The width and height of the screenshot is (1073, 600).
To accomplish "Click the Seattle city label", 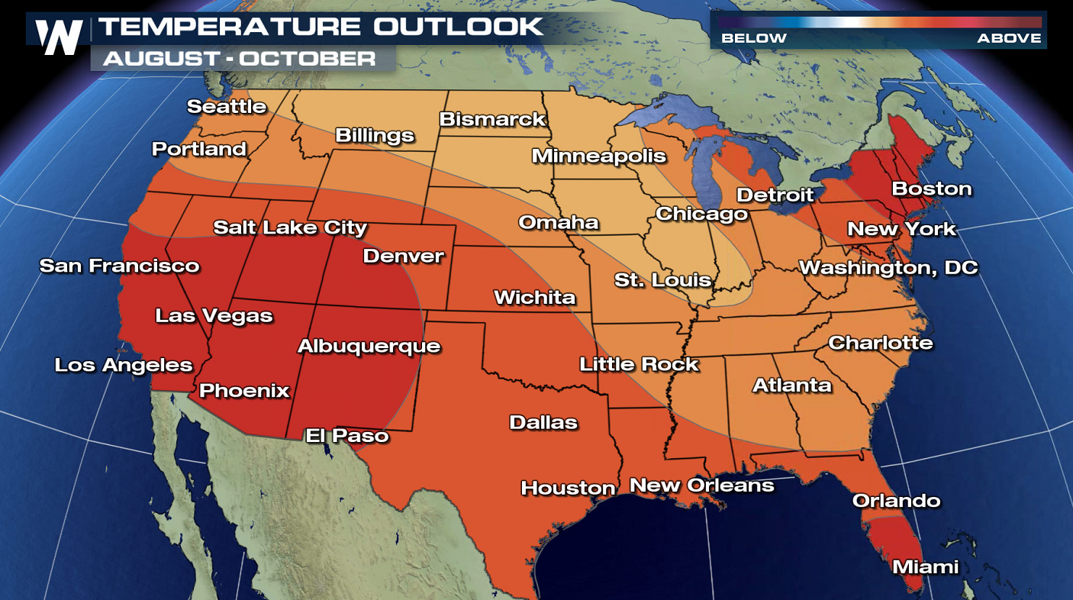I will pyautogui.click(x=227, y=107).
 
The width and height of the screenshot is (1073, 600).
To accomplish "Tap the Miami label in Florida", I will pyautogui.click(x=926, y=567).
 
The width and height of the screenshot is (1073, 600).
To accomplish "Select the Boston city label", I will pyautogui.click(x=932, y=189).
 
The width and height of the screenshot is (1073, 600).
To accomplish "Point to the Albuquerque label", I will pyautogui.click(x=369, y=347).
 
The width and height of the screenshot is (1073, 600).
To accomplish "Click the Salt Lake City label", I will pyautogui.click(x=290, y=227).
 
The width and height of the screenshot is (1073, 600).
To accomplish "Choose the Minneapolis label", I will pyautogui.click(x=598, y=156).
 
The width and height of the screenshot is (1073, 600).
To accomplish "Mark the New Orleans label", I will pyautogui.click(x=701, y=485).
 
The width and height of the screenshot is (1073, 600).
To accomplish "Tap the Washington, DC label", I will pyautogui.click(x=888, y=268).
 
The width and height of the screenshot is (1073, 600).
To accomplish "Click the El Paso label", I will pyautogui.click(x=346, y=436).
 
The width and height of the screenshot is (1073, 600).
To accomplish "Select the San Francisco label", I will pyautogui.click(x=119, y=266).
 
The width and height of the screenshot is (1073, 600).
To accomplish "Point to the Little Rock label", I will pyautogui.click(x=639, y=364).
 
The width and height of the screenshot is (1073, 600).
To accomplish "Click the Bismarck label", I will pyautogui.click(x=492, y=119).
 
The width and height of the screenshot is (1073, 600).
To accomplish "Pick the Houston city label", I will pyautogui.click(x=568, y=488).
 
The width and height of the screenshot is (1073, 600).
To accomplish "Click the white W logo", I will pyautogui.click(x=59, y=36).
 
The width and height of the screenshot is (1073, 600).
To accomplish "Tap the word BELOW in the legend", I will pyautogui.click(x=754, y=38).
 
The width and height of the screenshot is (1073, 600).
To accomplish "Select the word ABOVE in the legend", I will pyautogui.click(x=1009, y=38).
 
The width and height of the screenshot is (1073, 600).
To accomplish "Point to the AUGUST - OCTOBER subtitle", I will pyautogui.click(x=240, y=58).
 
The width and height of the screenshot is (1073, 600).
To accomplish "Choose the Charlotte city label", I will pyautogui.click(x=880, y=343).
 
